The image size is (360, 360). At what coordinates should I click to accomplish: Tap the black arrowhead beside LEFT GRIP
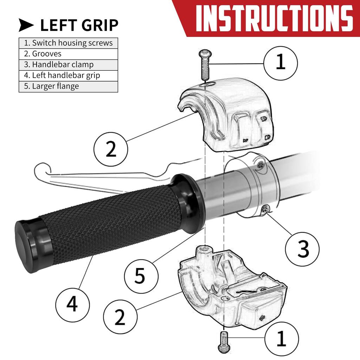(26, 25)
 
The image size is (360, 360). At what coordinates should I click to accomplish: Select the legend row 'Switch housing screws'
(68, 43)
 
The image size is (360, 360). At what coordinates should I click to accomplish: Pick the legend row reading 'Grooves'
(68, 54)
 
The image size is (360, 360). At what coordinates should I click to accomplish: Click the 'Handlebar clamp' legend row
(68, 65)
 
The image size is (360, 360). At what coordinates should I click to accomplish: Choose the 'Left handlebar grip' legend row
(68, 76)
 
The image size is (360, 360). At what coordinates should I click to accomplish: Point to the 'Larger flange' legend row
(68, 86)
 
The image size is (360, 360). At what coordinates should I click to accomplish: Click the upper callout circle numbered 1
(280, 63)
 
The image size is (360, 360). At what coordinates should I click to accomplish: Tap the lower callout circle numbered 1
(282, 339)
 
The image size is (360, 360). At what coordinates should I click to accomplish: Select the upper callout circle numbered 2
(111, 149)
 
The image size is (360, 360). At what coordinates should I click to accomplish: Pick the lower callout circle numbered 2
(120, 317)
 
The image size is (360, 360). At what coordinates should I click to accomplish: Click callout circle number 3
(302, 249)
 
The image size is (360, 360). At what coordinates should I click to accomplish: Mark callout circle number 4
(72, 305)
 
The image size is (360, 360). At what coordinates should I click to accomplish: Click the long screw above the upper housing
(205, 64)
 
